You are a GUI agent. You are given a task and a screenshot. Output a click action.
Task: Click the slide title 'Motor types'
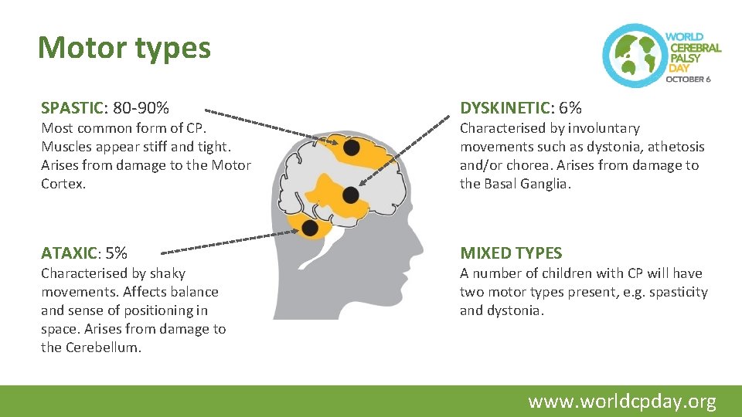(124, 48)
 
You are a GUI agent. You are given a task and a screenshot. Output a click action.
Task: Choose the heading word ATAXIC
(67, 253)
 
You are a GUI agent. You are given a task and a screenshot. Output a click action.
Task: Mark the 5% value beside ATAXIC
(116, 253)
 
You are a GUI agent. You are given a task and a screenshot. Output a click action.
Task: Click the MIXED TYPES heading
(511, 253)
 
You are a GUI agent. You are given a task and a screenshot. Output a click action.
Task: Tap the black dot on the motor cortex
(351, 147)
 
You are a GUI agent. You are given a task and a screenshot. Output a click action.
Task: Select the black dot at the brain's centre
(351, 195)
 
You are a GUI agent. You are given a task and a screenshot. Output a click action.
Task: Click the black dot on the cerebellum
(310, 228)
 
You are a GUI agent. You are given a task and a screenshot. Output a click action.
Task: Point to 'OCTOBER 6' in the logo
(688, 79)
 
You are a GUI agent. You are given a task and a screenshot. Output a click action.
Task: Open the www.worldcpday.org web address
(622, 402)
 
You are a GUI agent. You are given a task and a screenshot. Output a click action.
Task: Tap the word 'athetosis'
(677, 147)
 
